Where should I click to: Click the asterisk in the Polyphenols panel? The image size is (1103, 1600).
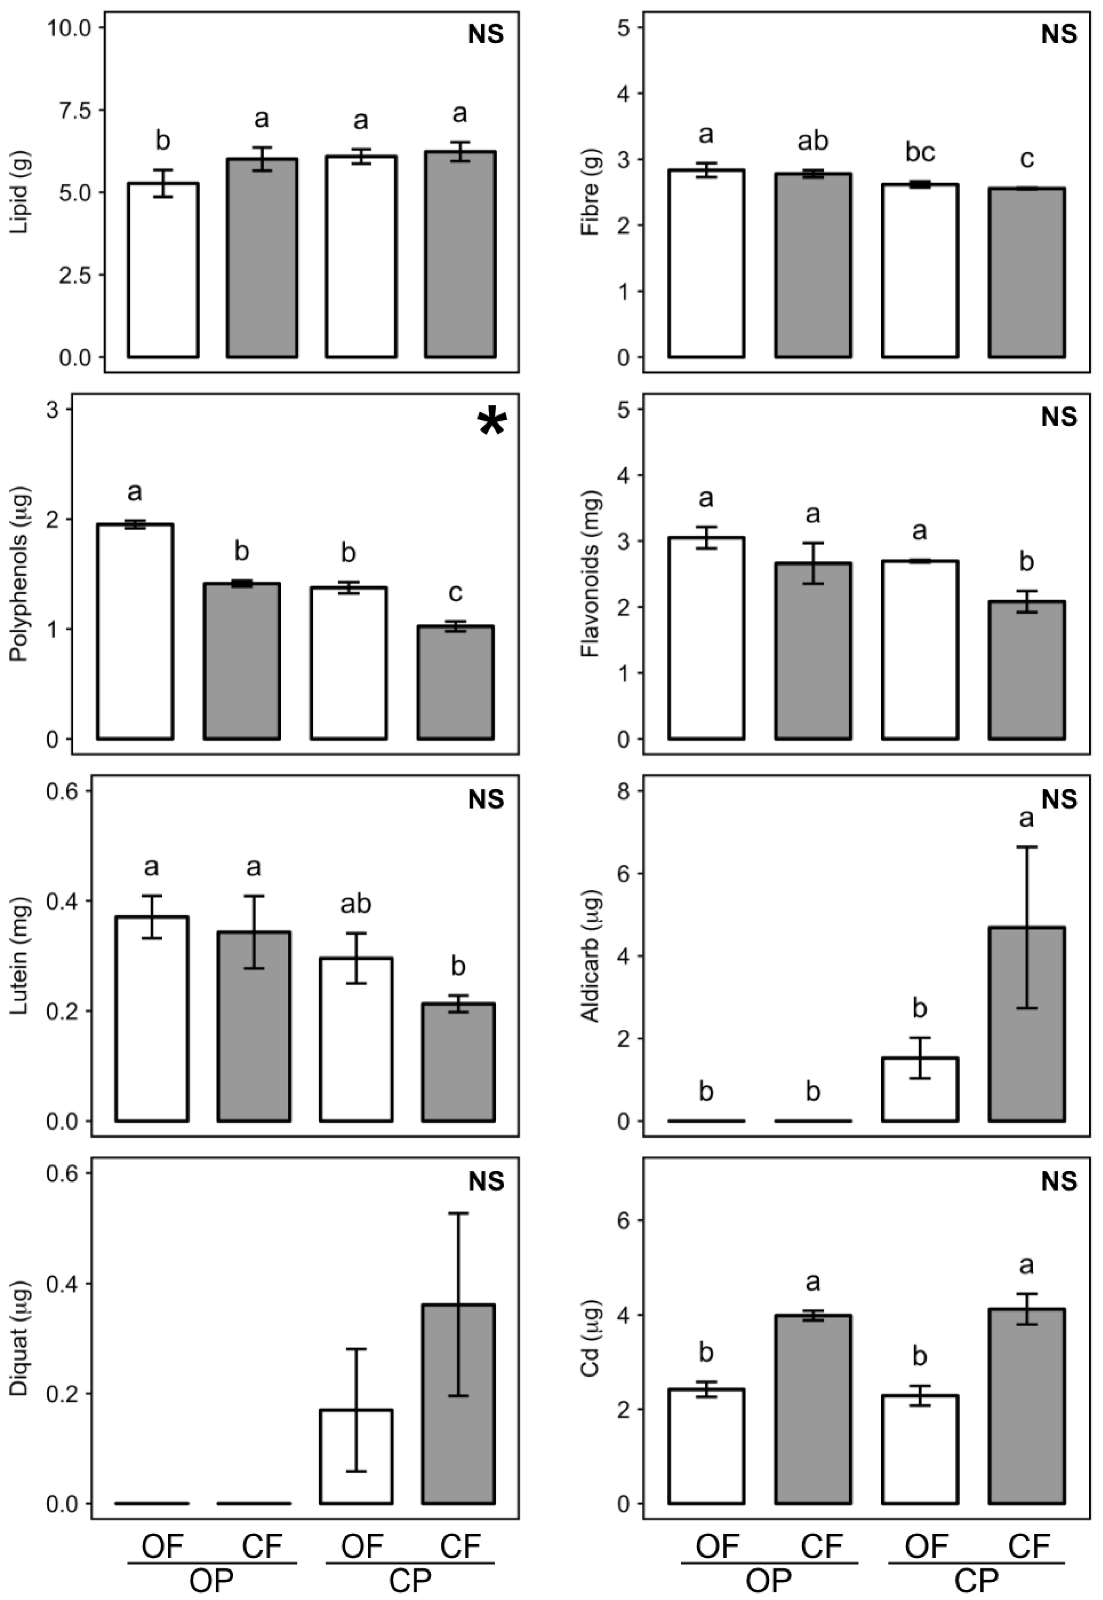tap(492, 423)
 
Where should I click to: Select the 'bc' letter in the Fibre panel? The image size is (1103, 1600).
tap(920, 153)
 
